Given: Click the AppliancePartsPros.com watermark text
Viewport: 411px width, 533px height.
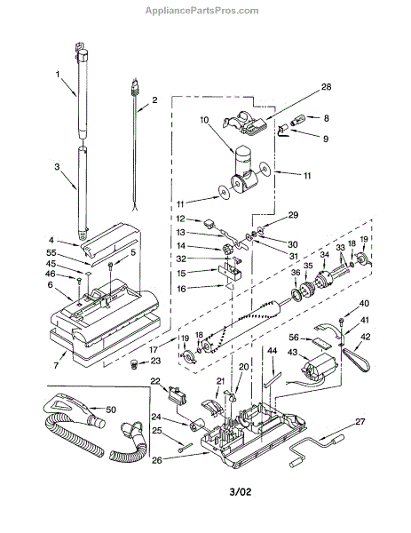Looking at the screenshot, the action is (x=202, y=11).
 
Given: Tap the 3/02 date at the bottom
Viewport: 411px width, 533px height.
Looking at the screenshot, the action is (x=241, y=491).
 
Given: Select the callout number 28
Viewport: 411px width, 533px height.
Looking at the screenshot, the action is (x=326, y=87).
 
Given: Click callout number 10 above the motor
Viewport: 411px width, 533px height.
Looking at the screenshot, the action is (x=204, y=120).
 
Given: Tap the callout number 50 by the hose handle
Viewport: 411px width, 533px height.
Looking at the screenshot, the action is (x=111, y=410).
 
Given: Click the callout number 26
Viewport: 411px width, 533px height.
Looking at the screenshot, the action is (x=157, y=460).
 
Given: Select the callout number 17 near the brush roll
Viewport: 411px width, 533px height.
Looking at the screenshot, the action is (x=154, y=349).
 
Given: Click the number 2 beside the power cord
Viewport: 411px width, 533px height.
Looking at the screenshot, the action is (x=154, y=99).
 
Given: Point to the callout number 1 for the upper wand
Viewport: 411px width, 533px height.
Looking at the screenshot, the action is (x=58, y=74).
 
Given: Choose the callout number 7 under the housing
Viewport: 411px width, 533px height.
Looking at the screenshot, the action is (x=56, y=366).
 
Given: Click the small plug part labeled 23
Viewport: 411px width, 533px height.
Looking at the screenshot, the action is (x=134, y=365).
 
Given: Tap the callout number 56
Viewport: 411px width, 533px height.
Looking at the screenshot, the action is (x=294, y=337).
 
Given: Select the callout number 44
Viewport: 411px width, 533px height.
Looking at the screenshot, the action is (x=273, y=351).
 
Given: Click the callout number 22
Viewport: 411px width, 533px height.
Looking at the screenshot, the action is (x=155, y=381).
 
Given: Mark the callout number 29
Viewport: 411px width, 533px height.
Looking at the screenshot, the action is (x=293, y=215).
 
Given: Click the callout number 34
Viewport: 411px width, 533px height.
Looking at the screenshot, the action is (x=325, y=254).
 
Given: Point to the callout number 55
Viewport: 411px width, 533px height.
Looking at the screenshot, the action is (x=51, y=253).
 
